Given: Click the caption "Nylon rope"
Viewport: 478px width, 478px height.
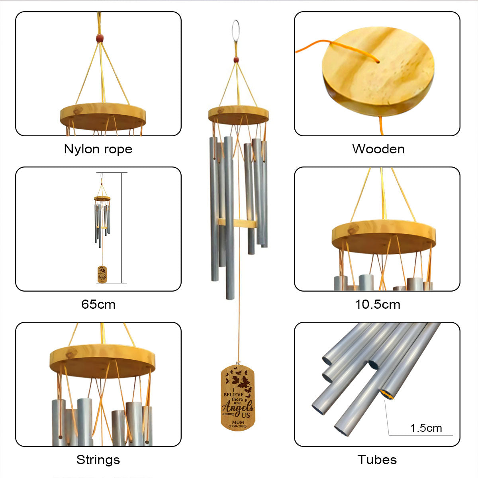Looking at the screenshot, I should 98,149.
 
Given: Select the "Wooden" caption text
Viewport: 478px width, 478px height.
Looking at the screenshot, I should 378,149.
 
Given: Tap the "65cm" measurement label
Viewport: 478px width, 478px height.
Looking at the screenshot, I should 98,304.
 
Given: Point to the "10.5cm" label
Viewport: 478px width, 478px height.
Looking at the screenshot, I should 377,304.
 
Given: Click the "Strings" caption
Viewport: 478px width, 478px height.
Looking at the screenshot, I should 98,460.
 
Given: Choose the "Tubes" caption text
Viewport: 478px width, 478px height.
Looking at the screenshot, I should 377,460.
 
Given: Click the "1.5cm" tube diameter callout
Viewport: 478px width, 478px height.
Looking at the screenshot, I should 426,428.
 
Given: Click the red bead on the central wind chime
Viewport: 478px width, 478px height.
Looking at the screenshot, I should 236,60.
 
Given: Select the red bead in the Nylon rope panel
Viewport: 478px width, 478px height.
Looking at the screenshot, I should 100,38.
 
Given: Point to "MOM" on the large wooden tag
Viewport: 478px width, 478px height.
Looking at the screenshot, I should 238,422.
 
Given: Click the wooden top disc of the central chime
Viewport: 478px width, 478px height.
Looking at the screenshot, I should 238,115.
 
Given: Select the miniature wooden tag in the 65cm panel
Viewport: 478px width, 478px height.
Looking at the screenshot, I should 102,275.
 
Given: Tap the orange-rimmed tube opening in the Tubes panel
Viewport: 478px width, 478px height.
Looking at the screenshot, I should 386,394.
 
